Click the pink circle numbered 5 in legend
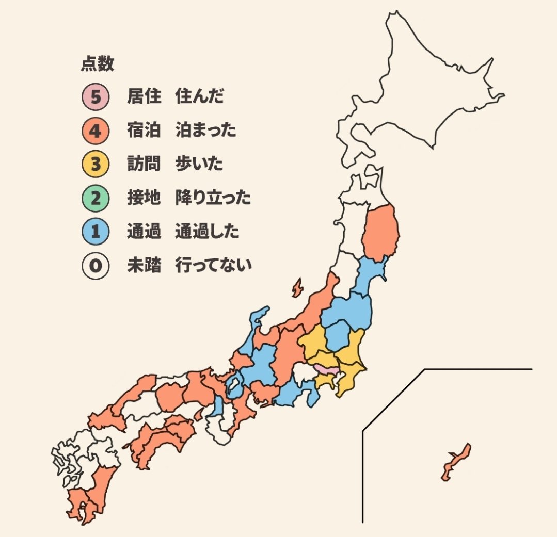coord(95,97)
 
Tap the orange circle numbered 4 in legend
coord(95,131)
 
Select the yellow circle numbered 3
coord(95,165)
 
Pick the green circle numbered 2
coord(95,199)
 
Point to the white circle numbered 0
coord(95,267)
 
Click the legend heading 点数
coord(98,64)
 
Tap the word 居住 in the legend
coord(144,97)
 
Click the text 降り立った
coord(213,199)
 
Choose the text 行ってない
coord(213,267)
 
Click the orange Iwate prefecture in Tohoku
coord(380,232)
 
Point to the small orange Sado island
coord(297,288)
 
